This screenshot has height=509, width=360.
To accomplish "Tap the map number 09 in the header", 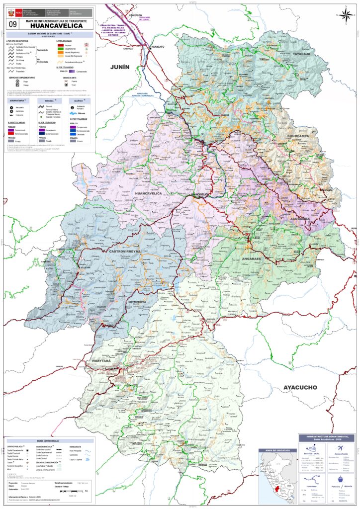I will pyautogui.click(x=11, y=23).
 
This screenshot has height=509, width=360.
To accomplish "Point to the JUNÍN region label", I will pyautogui.click(x=120, y=67).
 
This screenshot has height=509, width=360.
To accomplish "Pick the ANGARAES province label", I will pyautogui.click(x=252, y=259).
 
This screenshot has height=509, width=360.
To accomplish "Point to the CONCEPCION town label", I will pyautogui.click(x=136, y=15).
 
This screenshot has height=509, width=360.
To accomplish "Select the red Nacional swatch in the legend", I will pyautogui.click(x=60, y=45).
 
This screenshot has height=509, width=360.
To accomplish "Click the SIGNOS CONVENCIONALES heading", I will pyautogui.click(x=48, y=441).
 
